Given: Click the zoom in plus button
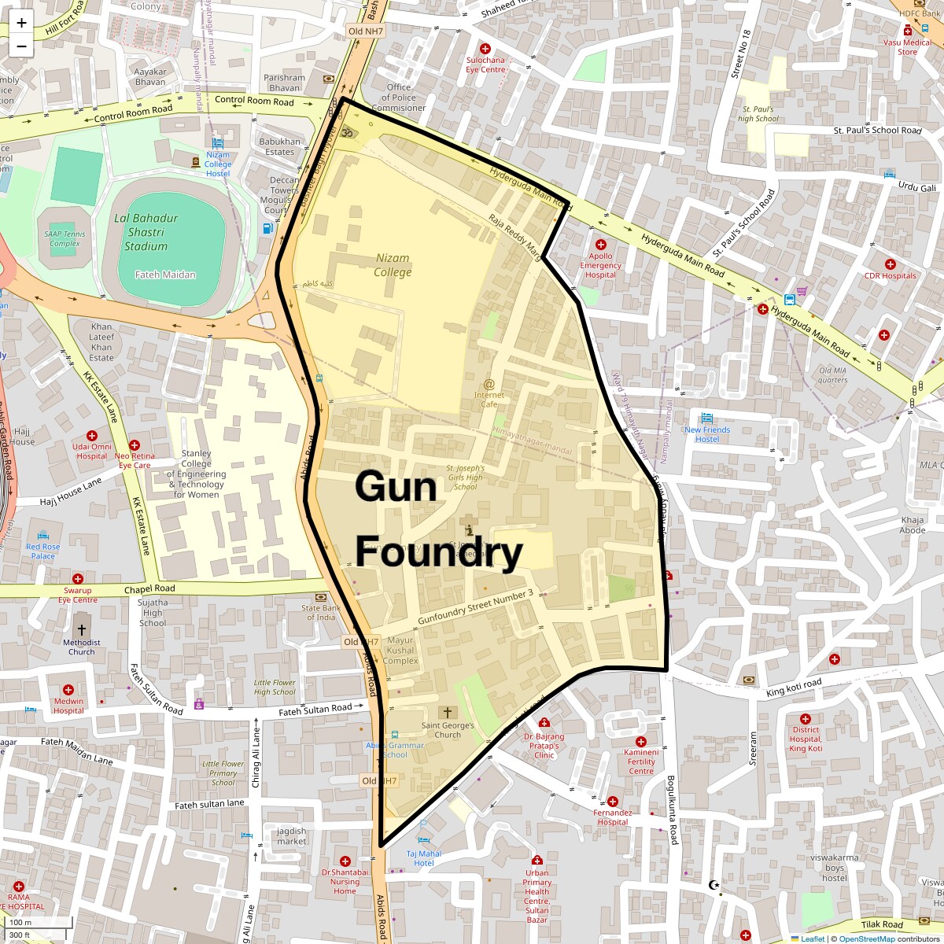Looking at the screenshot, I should point(21,23).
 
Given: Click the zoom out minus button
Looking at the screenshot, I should point(21,46).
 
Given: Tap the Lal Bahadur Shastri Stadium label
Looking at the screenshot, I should point(146,232).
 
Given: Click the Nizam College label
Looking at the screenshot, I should point(393,265).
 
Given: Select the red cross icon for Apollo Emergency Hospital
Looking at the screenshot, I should point(601,245).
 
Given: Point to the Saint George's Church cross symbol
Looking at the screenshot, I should point(448,713).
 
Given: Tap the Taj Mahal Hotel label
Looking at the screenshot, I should point(424,858).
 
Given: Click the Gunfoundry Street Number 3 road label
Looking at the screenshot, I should point(475,607).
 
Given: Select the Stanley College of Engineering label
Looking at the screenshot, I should point(197,474).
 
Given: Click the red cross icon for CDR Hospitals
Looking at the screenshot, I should point(890,264).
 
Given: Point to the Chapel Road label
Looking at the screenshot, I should point(149,589).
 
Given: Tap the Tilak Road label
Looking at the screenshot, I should point(882,925).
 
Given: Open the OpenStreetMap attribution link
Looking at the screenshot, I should point(866,938).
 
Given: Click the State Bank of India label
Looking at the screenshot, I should point(321,612).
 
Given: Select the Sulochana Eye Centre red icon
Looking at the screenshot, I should point(485,49).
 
